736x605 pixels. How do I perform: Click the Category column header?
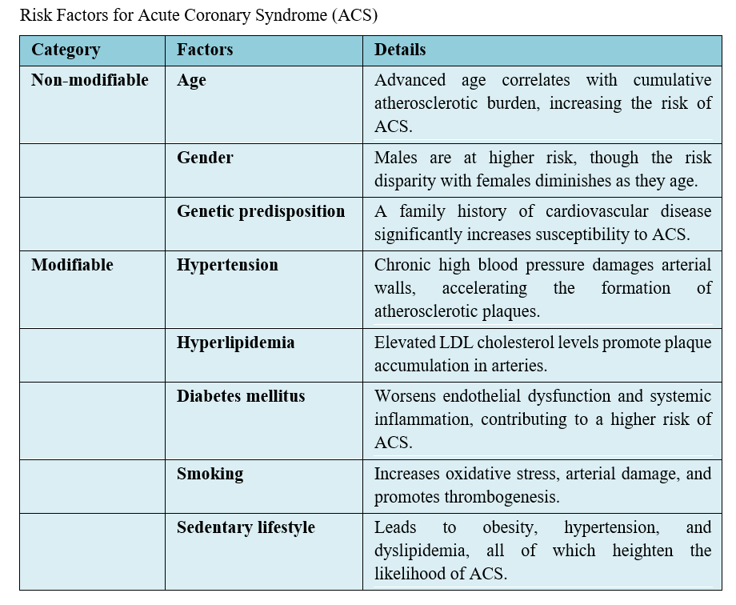click(66, 50)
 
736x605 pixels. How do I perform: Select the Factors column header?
click(205, 50)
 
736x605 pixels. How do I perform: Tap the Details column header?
click(400, 50)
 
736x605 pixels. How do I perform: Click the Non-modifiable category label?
click(90, 80)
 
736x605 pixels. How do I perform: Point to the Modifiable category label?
click(72, 265)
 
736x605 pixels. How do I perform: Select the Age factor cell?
click(191, 80)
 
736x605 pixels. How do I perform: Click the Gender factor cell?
click(205, 158)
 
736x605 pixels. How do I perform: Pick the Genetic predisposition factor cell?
click(261, 211)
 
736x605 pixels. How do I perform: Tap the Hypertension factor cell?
click(227, 265)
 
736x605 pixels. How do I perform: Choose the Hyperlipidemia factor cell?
click(235, 343)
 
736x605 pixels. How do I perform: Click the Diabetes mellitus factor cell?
click(241, 396)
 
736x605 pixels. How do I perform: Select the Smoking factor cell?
click(210, 474)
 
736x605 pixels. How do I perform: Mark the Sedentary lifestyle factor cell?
click(246, 527)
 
